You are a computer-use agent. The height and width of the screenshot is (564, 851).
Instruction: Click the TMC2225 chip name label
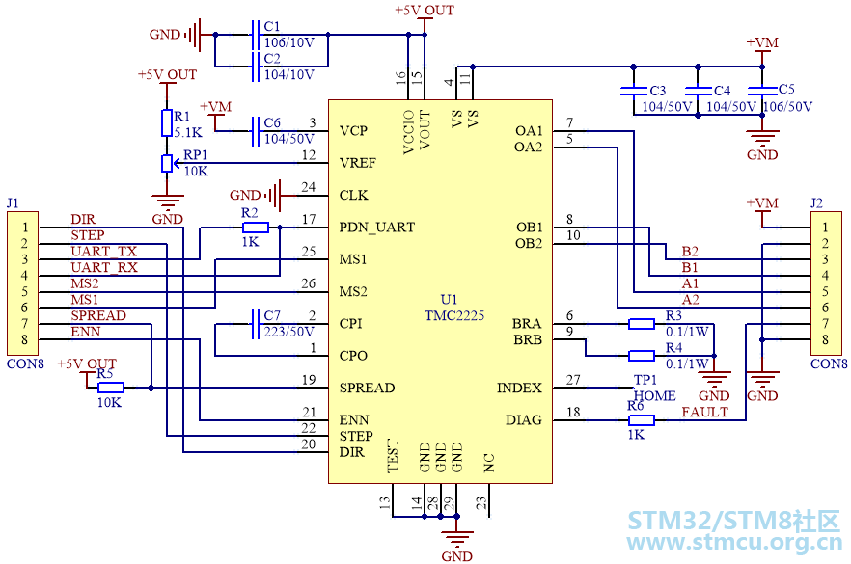click(x=454, y=315)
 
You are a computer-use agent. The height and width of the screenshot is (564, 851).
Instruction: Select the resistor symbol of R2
click(x=256, y=228)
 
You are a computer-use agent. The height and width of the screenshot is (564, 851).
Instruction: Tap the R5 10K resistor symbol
click(x=111, y=388)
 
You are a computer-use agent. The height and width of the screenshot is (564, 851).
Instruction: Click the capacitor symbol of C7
click(x=255, y=324)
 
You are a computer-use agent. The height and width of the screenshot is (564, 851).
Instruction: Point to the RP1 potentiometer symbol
click(x=167, y=163)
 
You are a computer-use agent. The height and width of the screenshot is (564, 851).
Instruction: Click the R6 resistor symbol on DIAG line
click(x=642, y=419)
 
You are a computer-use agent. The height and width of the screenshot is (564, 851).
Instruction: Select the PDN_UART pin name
click(x=376, y=228)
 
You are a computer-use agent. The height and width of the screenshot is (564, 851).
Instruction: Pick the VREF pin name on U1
click(x=358, y=163)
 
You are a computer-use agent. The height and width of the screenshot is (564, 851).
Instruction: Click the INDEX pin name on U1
click(x=519, y=388)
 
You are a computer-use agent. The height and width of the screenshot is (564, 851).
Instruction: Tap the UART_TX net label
click(x=104, y=252)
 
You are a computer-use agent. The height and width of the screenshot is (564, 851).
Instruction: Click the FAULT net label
click(x=704, y=413)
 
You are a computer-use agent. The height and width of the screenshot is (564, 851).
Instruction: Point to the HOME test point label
click(x=654, y=396)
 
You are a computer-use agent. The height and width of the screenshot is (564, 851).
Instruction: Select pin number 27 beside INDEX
click(x=573, y=380)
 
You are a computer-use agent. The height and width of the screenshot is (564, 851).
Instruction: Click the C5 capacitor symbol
click(x=762, y=90)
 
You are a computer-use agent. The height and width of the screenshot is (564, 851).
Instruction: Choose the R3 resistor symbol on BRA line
click(x=642, y=324)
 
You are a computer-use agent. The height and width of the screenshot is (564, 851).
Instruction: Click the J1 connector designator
click(x=13, y=203)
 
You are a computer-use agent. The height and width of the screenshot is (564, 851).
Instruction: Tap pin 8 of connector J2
click(x=825, y=339)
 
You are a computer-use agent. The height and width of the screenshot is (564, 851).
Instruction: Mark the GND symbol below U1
click(x=457, y=540)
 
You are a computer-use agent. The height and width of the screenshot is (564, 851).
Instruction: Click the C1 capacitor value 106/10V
click(x=288, y=42)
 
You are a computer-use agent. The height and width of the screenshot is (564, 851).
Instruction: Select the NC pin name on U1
click(x=489, y=463)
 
